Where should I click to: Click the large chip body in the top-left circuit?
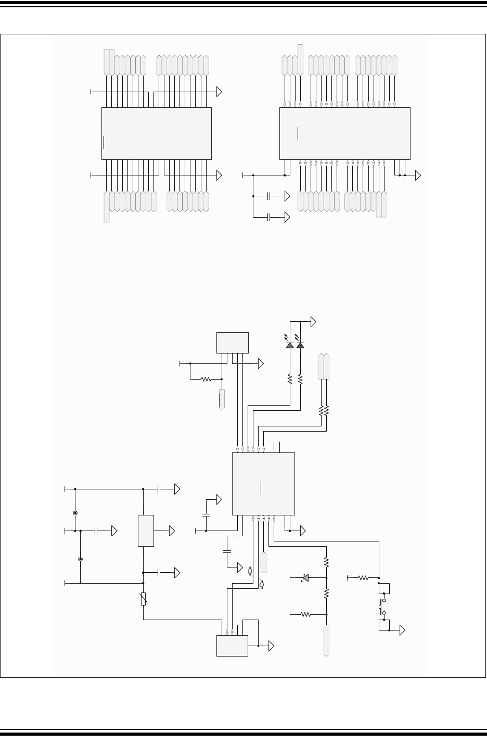[x=156, y=133]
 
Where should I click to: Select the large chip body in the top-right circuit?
[x=344, y=133]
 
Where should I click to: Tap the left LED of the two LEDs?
[x=290, y=345]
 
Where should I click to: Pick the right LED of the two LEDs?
[x=300, y=345]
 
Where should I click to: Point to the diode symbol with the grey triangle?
[x=305, y=577]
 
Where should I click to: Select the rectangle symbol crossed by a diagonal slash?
[x=143, y=600]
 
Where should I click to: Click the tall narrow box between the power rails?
[x=146, y=531]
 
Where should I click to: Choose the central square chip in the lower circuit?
[x=263, y=483]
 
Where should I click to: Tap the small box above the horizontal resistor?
[x=232, y=343]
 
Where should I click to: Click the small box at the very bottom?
[x=232, y=646]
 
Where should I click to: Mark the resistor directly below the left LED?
[x=290, y=380]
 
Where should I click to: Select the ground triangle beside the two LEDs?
[x=313, y=322]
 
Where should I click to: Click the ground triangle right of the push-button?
[x=402, y=630]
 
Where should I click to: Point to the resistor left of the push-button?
[x=363, y=577]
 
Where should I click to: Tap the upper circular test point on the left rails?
[x=75, y=513]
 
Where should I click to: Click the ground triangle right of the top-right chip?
[x=418, y=175]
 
